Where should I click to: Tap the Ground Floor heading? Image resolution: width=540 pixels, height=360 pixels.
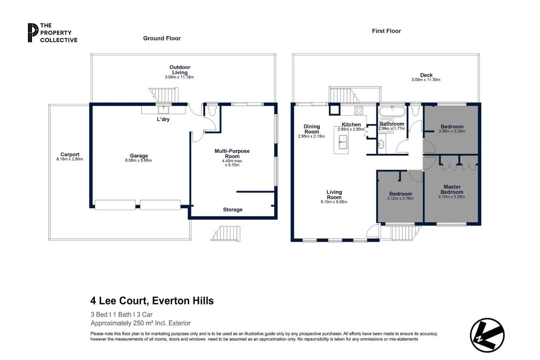pyautogui.click(x=162, y=38)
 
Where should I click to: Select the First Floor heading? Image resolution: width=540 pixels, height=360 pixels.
pyautogui.click(x=386, y=31)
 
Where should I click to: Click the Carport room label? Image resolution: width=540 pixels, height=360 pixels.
pyautogui.click(x=70, y=154)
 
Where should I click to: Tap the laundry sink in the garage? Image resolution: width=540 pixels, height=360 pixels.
pyautogui.click(x=162, y=110)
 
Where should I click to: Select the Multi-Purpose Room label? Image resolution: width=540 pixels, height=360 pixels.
pyautogui.click(x=232, y=153)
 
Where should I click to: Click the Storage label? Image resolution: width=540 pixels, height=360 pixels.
pyautogui.click(x=232, y=210)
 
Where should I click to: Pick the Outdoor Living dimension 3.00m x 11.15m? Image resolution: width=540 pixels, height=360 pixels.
pyautogui.click(x=179, y=77)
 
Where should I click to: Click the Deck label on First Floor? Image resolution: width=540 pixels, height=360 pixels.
pyautogui.click(x=426, y=75)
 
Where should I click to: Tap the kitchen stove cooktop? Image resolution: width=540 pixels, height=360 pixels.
pyautogui.click(x=358, y=110)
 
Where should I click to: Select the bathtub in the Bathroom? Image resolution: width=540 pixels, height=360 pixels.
pyautogui.click(x=392, y=112)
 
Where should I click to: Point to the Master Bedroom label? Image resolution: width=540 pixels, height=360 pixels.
pyautogui.click(x=451, y=190)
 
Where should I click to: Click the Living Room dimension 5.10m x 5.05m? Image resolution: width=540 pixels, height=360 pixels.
pyautogui.click(x=334, y=202)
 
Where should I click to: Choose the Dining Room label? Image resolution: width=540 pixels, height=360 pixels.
pyautogui.click(x=311, y=129)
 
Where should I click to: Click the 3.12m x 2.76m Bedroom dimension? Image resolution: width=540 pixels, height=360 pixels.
pyautogui.click(x=400, y=199)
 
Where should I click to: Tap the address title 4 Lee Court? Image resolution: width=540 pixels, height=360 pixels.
pyautogui.click(x=152, y=301)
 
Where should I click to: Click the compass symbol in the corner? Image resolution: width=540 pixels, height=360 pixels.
pyautogui.click(x=487, y=335)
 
